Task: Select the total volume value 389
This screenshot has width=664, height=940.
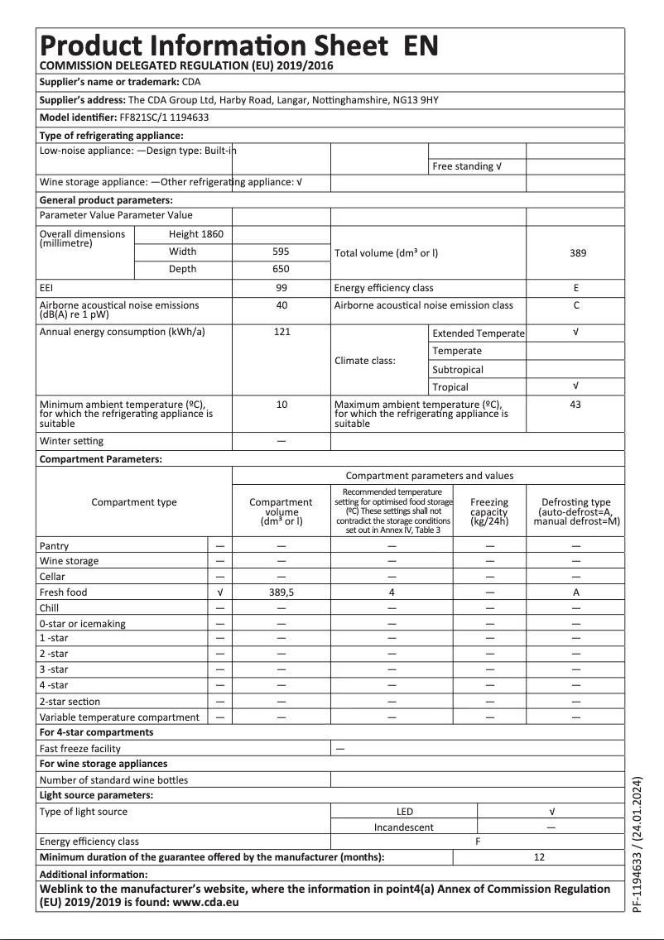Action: pos(577,252)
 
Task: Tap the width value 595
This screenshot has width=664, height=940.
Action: pos(281,252)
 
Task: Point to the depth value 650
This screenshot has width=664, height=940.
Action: pos(281,269)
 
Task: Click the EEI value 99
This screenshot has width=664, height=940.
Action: pos(281,288)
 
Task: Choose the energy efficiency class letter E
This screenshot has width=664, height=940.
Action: pos(576,288)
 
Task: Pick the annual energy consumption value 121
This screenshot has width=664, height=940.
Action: pos(281,332)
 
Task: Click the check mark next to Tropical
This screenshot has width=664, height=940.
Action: pos(576,386)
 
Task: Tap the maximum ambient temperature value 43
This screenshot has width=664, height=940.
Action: pos(576,405)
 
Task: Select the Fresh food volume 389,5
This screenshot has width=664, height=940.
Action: pos(281,592)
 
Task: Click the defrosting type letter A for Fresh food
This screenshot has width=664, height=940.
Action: pos(576,592)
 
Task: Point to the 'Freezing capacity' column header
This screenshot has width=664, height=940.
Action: pos(489,511)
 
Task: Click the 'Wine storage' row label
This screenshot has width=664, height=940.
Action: pos(69,561)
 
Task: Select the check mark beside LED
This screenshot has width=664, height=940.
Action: pos(551,812)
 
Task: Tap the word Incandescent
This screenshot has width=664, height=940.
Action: pos(404,827)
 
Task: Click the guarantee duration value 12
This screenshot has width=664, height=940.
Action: pos(539,857)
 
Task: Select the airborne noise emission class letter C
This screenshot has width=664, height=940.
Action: pos(576,305)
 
